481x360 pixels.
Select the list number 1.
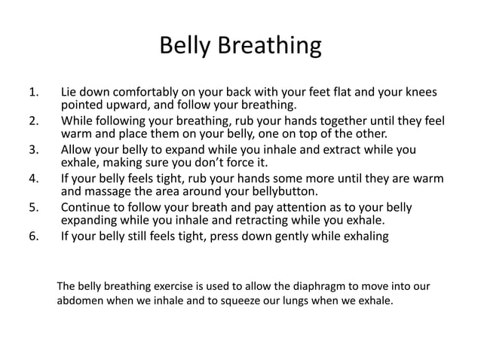[32, 94]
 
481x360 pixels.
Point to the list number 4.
[32, 179]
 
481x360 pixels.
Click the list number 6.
[32, 236]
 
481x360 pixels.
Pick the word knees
[418, 94]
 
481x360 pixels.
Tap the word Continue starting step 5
[87, 207]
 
